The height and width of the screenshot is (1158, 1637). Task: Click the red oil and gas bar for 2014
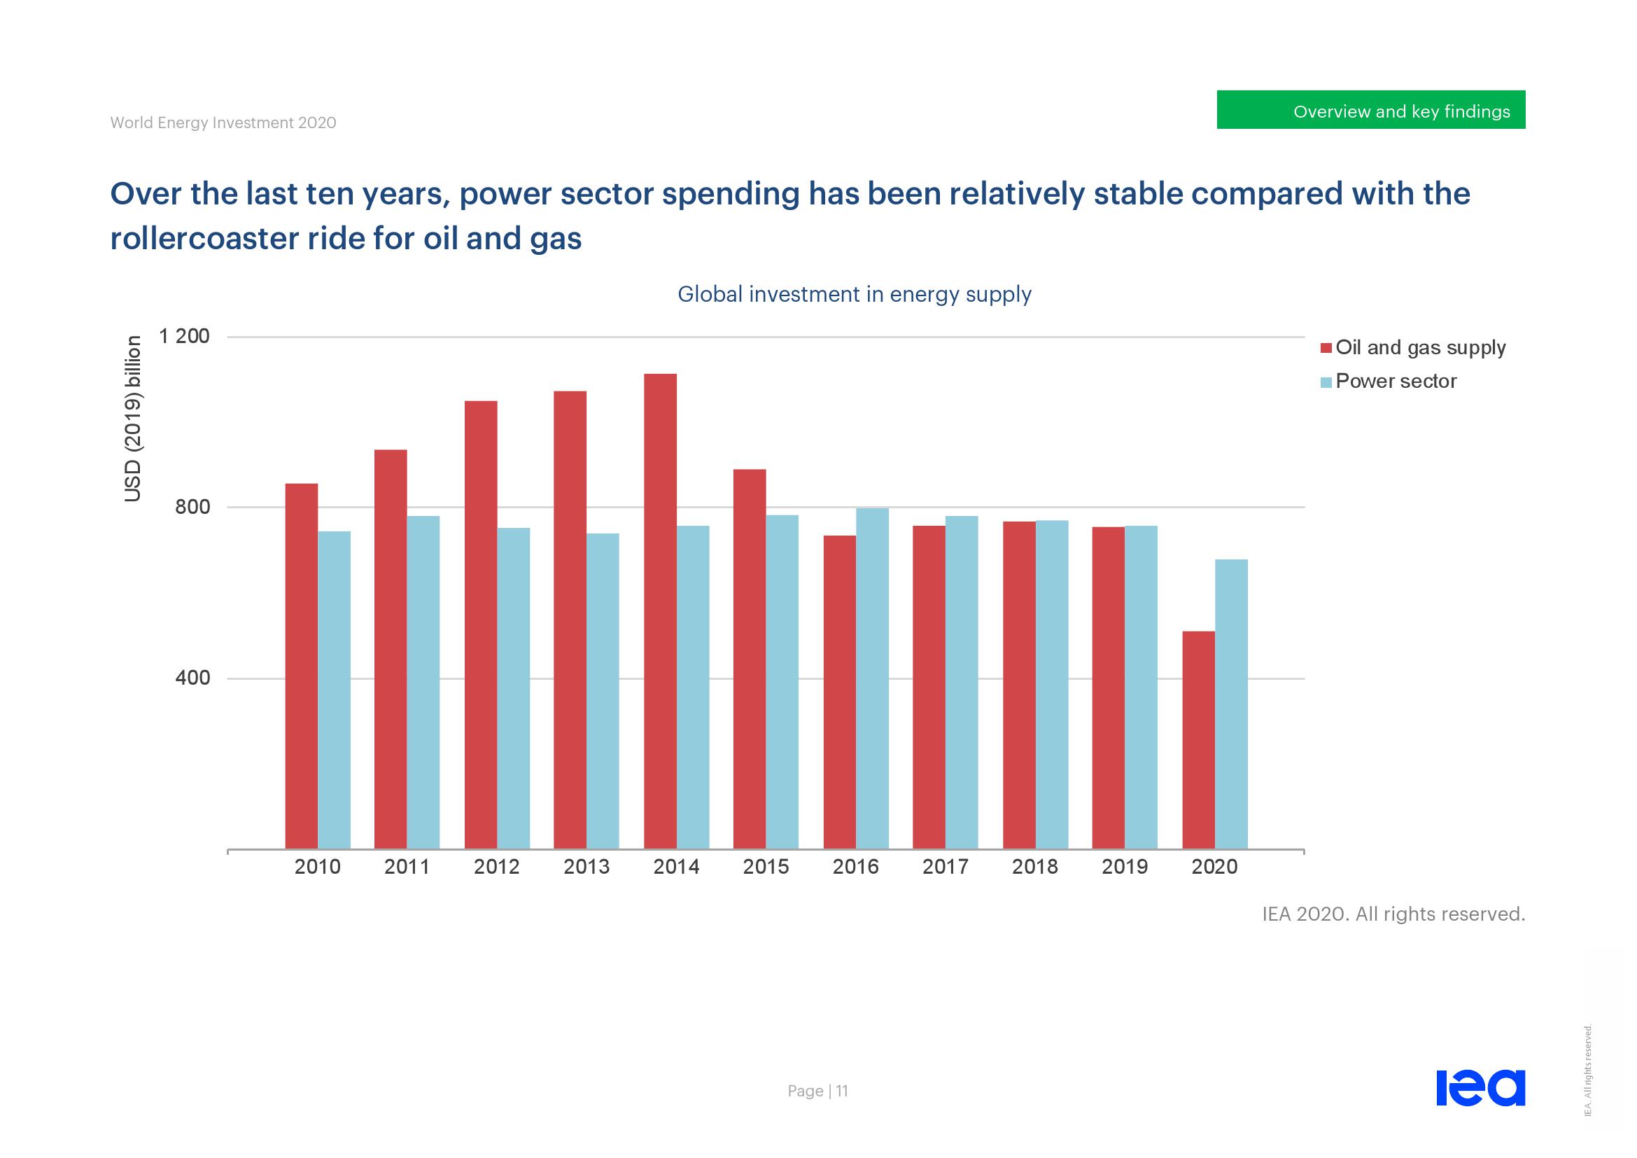click(660, 611)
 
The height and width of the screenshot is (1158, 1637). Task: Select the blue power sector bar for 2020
click(1231, 704)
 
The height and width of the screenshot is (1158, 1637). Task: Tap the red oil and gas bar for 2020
click(1198, 739)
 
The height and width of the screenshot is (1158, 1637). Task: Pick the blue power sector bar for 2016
click(872, 678)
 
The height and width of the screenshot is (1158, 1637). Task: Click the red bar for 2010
click(302, 666)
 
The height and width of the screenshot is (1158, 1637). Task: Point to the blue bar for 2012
click(513, 688)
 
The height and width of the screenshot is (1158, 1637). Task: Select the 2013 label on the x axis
click(586, 867)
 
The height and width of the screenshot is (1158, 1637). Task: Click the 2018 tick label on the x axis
click(1035, 867)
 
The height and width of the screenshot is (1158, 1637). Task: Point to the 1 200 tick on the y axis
click(185, 336)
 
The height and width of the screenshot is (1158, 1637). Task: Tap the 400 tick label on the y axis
click(192, 678)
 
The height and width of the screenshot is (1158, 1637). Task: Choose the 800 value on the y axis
click(192, 507)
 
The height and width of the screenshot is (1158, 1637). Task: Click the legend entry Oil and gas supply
click(1419, 348)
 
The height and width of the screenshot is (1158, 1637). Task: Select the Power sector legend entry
click(1396, 382)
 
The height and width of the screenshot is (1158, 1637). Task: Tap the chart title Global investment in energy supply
click(854, 295)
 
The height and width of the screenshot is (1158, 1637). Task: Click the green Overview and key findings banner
click(1370, 110)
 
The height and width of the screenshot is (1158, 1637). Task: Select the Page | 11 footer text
click(817, 1091)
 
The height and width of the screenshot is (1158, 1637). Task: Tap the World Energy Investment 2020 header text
click(223, 123)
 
